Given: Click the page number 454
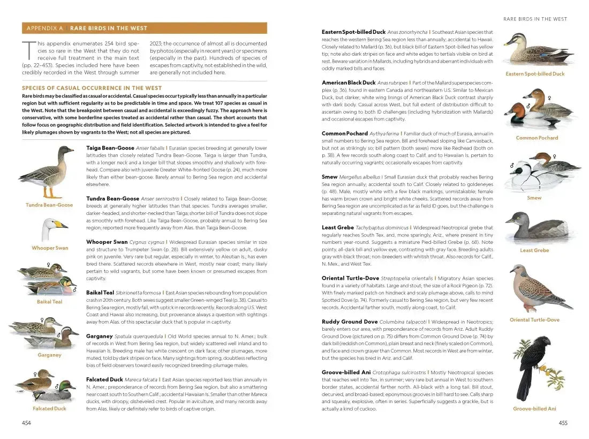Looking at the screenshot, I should (26, 423).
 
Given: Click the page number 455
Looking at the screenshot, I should (563, 423).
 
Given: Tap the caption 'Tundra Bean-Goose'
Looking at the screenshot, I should (49, 205).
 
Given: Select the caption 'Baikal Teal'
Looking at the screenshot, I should (49, 302).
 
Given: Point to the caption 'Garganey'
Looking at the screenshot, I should (49, 355).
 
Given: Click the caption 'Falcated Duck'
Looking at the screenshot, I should (49, 408).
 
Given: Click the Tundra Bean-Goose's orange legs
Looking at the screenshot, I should (49, 192).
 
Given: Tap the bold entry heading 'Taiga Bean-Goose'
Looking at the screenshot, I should (110, 147).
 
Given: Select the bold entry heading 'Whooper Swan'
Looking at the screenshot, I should (107, 242).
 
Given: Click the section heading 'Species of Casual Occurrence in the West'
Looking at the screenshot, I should (92, 88).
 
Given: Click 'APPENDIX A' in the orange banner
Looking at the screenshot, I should (44, 28).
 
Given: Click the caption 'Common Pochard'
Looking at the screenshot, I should (537, 138).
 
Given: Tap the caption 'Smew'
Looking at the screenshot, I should (534, 198).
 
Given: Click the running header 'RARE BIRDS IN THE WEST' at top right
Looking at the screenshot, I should (535, 19).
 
